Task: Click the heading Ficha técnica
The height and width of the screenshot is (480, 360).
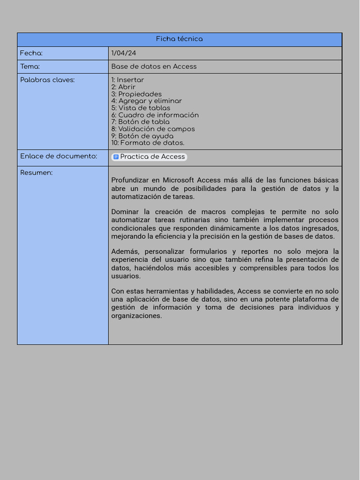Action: pyautogui.click(x=180, y=39)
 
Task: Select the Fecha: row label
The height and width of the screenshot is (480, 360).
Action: pyautogui.click(x=31, y=53)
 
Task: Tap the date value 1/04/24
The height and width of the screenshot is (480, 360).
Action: pyautogui.click(x=124, y=53)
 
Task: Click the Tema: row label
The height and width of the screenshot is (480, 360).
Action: pyautogui.click(x=30, y=67)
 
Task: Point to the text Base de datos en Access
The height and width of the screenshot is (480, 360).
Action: pyautogui.click(x=154, y=67)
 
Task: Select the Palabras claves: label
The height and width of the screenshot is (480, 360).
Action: pyautogui.click(x=47, y=80)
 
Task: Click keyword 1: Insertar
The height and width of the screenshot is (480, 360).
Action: pyautogui.click(x=127, y=80)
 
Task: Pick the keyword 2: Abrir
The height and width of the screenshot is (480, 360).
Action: pyautogui.click(x=123, y=87)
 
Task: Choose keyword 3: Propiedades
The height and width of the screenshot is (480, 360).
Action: pyautogui.click(x=136, y=94)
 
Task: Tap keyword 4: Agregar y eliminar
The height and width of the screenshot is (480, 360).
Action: pyautogui.click(x=146, y=101)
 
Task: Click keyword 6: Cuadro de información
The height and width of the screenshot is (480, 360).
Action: pyautogui.click(x=155, y=115)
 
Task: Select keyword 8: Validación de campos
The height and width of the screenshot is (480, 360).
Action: pyautogui.click(x=153, y=129)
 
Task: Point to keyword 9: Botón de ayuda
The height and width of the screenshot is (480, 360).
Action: pyautogui.click(x=142, y=136)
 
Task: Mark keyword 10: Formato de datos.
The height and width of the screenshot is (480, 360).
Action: pyautogui.click(x=148, y=143)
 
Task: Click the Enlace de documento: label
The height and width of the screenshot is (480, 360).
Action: pyautogui.click(x=59, y=157)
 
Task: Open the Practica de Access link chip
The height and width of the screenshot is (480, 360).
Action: pyautogui.click(x=152, y=157)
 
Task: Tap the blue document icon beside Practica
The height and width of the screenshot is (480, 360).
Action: pyautogui.click(x=116, y=157)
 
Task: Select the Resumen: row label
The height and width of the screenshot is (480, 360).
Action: pyautogui.click(x=37, y=173)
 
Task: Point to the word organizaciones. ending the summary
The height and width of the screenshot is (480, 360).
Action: pyautogui.click(x=136, y=316)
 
